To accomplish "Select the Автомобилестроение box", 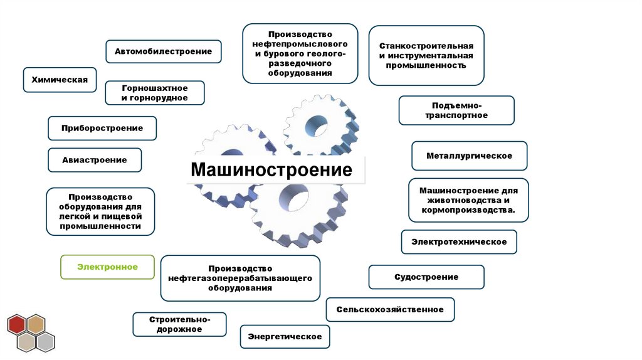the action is pyautogui.click(x=163, y=51).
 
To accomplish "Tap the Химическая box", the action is pyautogui.click(x=60, y=80).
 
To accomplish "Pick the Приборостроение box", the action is pyautogui.click(x=102, y=128).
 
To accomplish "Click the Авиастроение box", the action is pyautogui.click(x=94, y=160).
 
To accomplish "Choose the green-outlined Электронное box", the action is pyautogui.click(x=107, y=267).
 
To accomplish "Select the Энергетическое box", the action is pyautogui.click(x=285, y=337).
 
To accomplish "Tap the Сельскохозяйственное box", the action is pyautogui.click(x=390, y=309).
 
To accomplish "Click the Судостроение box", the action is pyautogui.click(x=426, y=277).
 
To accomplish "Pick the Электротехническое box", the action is pyautogui.click(x=459, y=241).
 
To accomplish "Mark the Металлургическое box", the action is pyautogui.click(x=469, y=156).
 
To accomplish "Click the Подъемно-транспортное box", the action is pyautogui.click(x=456, y=110).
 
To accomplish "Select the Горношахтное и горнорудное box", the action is pyautogui.click(x=155, y=93).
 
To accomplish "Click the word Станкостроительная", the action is pyautogui.click(x=426, y=46).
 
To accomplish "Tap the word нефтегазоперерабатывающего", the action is pyautogui.click(x=240, y=278).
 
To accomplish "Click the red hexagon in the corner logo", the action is pyautogui.click(x=17, y=325).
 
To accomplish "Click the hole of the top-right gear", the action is pyautogui.click(x=316, y=126).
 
